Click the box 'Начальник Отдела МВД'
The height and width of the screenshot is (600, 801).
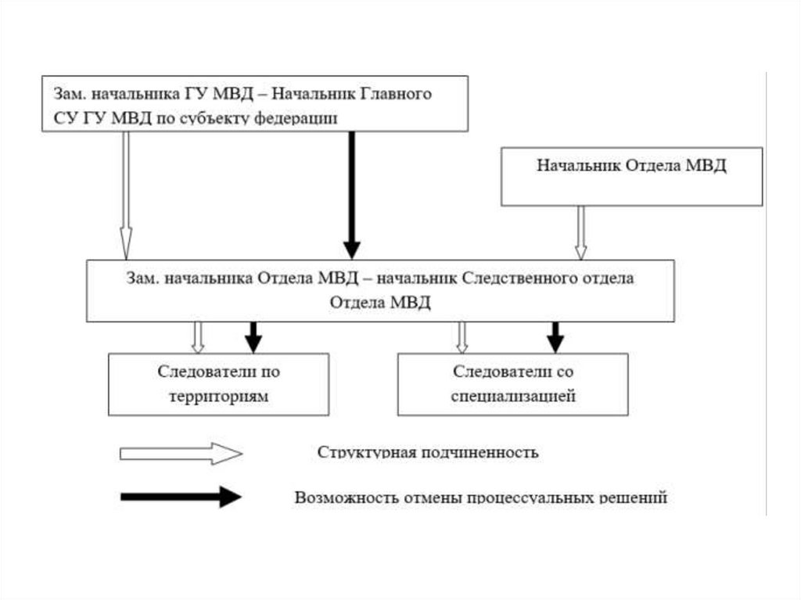coord(631,176)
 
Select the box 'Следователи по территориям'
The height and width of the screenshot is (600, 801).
coord(218,383)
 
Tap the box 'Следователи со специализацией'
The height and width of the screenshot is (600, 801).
coord(512,383)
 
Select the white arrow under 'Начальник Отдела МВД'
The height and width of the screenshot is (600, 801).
coord(580,232)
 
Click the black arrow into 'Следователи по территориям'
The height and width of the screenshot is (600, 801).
coord(253,337)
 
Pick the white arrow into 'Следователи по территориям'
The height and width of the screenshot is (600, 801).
coord(198,337)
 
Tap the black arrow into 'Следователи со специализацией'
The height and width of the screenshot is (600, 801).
coord(555,337)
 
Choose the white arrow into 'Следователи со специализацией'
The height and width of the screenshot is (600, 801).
coord(462,337)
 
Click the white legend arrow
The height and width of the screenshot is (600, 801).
coord(181,454)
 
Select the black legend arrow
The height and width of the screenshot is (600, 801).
coord(181,496)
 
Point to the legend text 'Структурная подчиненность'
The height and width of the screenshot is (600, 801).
coord(427,453)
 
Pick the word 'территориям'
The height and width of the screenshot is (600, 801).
coord(218,396)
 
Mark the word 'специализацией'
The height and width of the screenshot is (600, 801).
coord(514,396)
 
